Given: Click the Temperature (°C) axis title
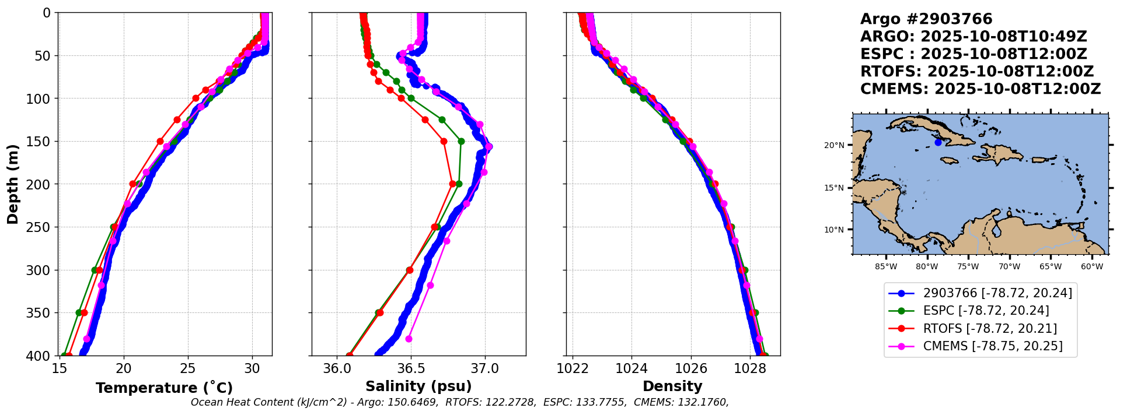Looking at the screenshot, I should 164,388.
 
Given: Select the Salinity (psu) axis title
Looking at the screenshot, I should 418,386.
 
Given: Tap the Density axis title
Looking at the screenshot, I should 672,386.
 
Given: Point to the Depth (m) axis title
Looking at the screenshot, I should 13,184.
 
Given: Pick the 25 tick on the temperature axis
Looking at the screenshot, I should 187,369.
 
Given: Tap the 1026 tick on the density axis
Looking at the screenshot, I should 691,369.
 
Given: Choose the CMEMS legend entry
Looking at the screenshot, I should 992,346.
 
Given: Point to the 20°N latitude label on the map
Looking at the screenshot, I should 834,145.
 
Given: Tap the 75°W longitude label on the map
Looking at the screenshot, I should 968,267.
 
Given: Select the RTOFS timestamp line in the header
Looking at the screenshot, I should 976,72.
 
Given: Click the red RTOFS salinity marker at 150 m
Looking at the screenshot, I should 444,141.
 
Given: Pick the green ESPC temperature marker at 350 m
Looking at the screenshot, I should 79,313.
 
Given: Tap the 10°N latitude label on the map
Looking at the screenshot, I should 834,230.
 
